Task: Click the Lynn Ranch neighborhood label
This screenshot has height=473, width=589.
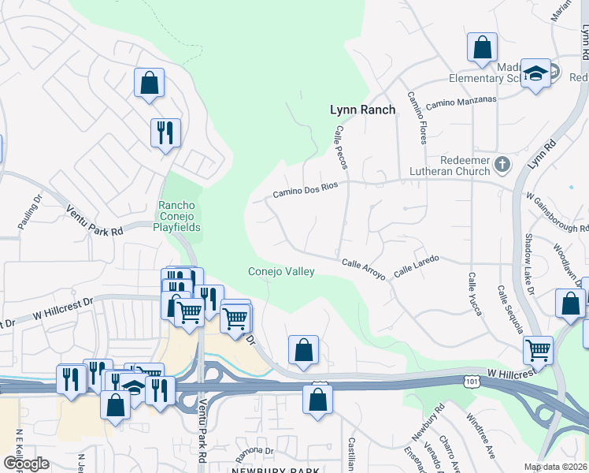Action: [362, 110]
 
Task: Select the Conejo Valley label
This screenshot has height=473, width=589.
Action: [281, 272]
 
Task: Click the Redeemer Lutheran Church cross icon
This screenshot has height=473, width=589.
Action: [504, 166]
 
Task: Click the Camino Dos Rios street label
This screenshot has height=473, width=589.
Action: [305, 190]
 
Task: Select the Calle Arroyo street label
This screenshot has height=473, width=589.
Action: [363, 268]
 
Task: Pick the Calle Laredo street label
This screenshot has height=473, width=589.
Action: [415, 264]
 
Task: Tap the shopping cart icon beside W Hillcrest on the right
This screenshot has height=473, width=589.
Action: [538, 348]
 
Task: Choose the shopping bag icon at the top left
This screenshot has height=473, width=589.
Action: [149, 81]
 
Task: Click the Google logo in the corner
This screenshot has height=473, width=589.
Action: [26, 464]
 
